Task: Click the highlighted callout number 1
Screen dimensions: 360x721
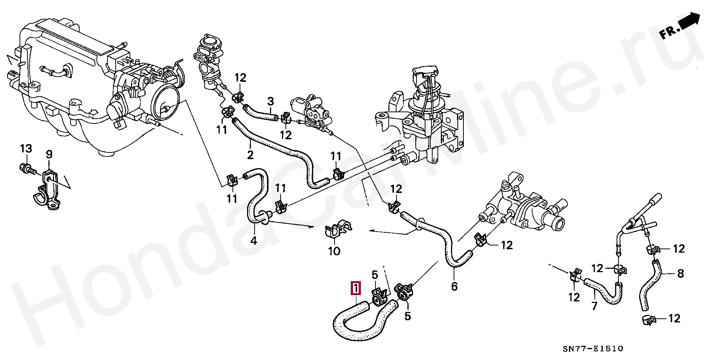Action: (x=356, y=289)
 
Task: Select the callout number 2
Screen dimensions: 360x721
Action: (x=250, y=154)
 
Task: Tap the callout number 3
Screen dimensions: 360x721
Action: (x=271, y=101)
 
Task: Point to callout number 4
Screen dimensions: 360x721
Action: (x=254, y=240)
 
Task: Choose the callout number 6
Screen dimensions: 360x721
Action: (x=454, y=286)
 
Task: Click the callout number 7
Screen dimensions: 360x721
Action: (x=594, y=306)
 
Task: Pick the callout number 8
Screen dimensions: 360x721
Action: (x=680, y=274)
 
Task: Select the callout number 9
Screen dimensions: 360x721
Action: (x=49, y=154)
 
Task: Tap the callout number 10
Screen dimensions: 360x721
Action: (x=334, y=251)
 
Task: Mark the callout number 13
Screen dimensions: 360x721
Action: (x=26, y=149)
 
